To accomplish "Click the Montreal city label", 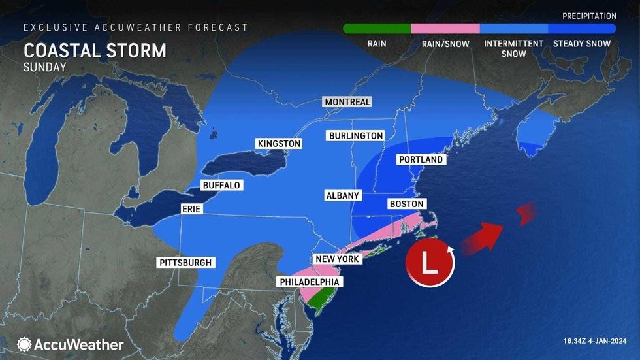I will [x=347, y=102].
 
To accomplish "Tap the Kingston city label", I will [x=279, y=144].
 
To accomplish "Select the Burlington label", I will [x=355, y=135].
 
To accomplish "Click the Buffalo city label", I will [x=221, y=186].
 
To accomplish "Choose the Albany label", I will [x=343, y=195].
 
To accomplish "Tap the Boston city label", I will [x=407, y=204].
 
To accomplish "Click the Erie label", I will [x=191, y=209].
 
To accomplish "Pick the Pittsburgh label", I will [x=185, y=263].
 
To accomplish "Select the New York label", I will [x=337, y=259].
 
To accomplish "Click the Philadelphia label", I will [x=310, y=282].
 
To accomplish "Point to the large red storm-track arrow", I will [x=483, y=236].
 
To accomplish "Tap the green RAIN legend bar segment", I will [x=377, y=29].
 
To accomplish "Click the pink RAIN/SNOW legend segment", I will [x=445, y=29].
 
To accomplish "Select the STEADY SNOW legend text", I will [x=581, y=44].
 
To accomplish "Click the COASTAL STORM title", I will [x=95, y=51].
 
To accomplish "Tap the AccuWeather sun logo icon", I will [x=25, y=344].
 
